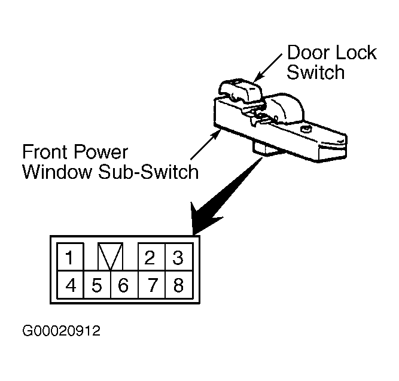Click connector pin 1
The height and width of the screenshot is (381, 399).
coord(71,257)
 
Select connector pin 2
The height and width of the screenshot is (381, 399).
coord(151,257)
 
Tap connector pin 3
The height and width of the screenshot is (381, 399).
coord(179,257)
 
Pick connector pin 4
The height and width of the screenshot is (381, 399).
coord(71,285)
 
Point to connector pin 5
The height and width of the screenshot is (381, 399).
coord(97,285)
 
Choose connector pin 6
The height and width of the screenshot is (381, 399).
coord(124,285)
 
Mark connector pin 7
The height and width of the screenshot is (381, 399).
coord(152,285)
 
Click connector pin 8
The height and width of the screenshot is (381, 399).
coord(179,285)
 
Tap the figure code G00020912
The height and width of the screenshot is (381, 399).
coord(62,331)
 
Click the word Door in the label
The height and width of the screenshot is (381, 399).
coord(309,53)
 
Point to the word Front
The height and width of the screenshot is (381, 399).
coord(45,152)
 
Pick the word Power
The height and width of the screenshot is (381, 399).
coord(100,152)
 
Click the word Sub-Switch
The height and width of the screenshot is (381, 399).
coord(148,172)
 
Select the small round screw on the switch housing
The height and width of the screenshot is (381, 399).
coord(306,129)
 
